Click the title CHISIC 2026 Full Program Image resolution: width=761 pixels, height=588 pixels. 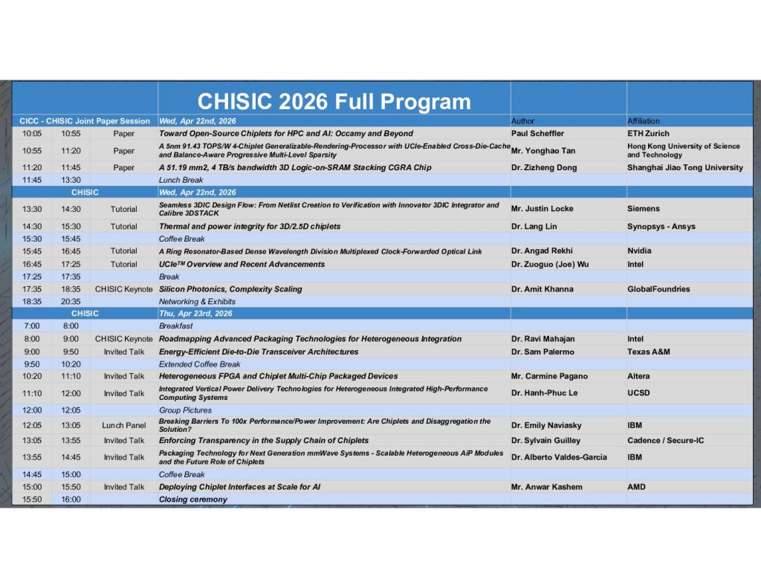(334, 102)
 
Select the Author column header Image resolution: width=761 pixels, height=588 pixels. (522, 121)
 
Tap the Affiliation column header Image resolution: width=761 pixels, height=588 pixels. (644, 121)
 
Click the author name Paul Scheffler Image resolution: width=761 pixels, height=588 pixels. (538, 134)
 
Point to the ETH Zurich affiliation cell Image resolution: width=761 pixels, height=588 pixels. (648, 134)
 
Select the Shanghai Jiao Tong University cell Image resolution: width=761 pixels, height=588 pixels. (685, 167)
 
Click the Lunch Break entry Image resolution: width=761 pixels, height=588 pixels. (181, 180)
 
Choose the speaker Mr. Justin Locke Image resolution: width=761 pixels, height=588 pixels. (542, 209)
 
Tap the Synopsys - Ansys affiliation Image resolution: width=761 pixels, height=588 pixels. (661, 226)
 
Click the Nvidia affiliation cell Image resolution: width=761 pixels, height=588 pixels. (639, 251)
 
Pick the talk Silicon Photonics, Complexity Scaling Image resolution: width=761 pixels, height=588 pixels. (230, 289)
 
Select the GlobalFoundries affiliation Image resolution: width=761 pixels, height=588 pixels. (658, 289)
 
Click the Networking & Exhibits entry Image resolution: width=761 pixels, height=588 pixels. (197, 302)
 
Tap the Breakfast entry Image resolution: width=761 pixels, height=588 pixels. (175, 326)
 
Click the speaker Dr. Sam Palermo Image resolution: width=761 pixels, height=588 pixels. (543, 352)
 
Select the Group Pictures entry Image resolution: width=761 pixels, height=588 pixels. (185, 410)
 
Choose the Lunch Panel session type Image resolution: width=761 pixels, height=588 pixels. (124, 425)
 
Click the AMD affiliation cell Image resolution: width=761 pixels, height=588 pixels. (636, 487)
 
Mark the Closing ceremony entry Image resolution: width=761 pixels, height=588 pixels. (193, 500)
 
